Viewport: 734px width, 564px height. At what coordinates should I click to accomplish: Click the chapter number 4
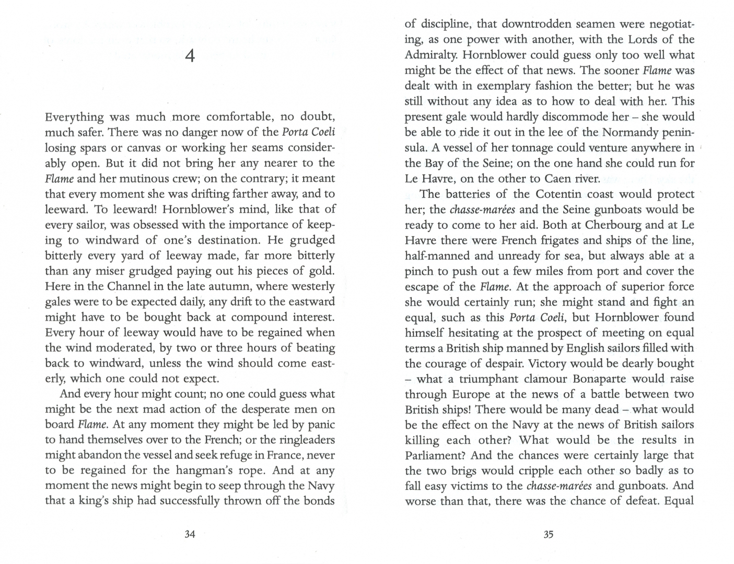190,56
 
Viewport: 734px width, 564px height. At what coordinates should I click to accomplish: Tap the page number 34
190,534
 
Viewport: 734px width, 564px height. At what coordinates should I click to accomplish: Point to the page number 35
548,534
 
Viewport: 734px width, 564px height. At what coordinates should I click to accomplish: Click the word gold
321,271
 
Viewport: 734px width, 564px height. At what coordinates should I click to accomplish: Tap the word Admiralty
431,55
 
